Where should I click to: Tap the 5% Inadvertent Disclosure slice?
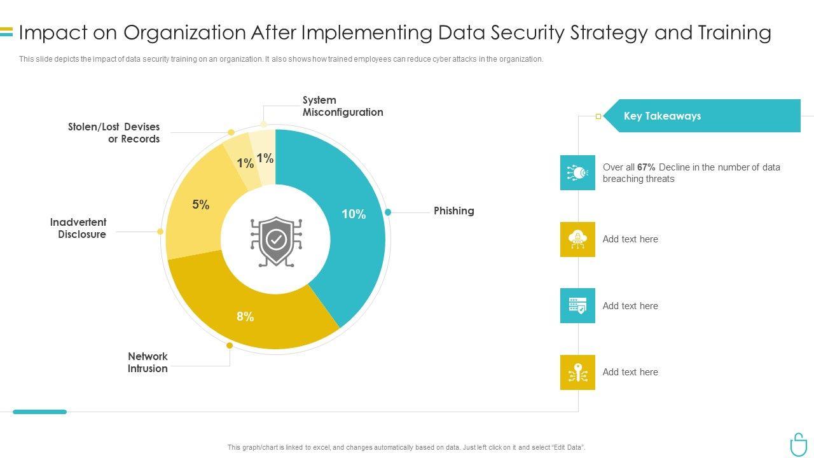pos(197,210)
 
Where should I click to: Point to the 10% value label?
pos(354,214)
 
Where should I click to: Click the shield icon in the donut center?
pos(276,240)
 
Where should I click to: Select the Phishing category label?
pos(453,211)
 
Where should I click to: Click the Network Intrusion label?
pos(148,363)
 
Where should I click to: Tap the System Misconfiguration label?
pos(343,106)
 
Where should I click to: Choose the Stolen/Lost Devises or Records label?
pos(114,133)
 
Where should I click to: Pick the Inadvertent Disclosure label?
pos(78,228)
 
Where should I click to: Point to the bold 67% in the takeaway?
pos(646,167)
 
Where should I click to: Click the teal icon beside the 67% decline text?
pos(577,172)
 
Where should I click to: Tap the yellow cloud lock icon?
pos(577,239)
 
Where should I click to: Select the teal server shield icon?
pos(577,305)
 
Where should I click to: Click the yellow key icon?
pos(577,372)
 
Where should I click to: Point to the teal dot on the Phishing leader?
pos(388,212)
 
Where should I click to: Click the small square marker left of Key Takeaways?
pos(598,116)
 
